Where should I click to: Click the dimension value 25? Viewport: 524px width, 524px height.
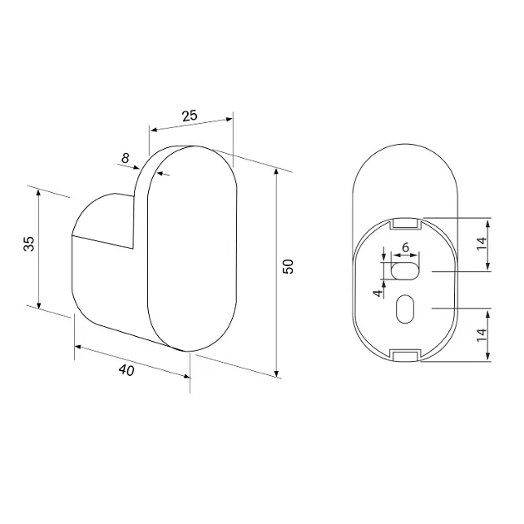190,116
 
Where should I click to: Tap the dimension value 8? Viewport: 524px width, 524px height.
126,158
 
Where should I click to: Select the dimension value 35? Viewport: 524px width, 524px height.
29,244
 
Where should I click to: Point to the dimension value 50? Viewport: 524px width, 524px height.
288,266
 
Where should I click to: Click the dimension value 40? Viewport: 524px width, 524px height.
126,370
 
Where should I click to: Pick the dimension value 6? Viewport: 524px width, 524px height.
405,248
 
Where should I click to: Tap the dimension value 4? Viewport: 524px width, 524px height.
378,293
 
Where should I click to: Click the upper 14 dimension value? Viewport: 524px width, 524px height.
482,244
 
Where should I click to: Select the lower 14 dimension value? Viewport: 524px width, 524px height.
482,335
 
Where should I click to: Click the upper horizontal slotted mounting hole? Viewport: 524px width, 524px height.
405,270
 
